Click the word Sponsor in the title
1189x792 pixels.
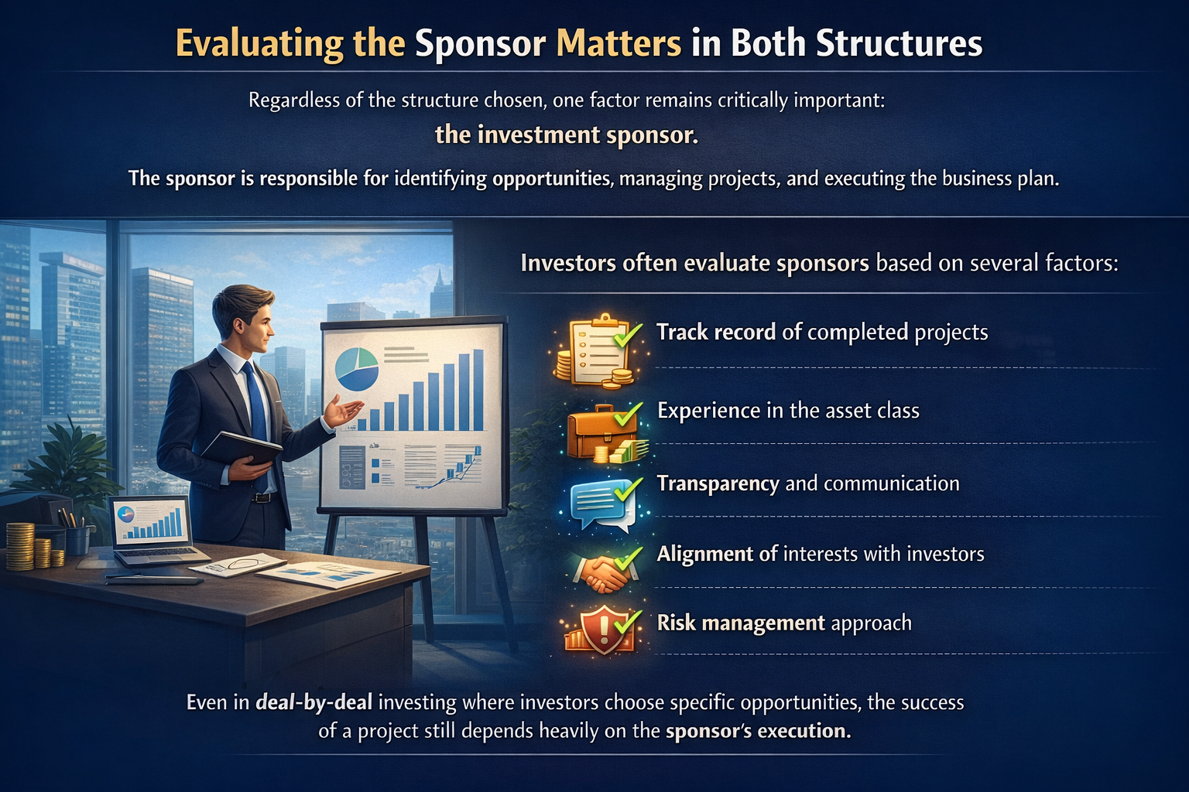[480, 44]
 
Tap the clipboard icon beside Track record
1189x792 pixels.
[596, 350]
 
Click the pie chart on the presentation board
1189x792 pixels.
[356, 369]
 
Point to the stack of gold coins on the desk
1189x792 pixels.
[22, 546]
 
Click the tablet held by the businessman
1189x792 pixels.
[240, 449]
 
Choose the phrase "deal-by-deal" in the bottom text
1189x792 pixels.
[314, 702]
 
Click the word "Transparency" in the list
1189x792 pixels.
[718, 483]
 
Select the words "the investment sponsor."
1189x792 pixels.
[567, 135]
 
